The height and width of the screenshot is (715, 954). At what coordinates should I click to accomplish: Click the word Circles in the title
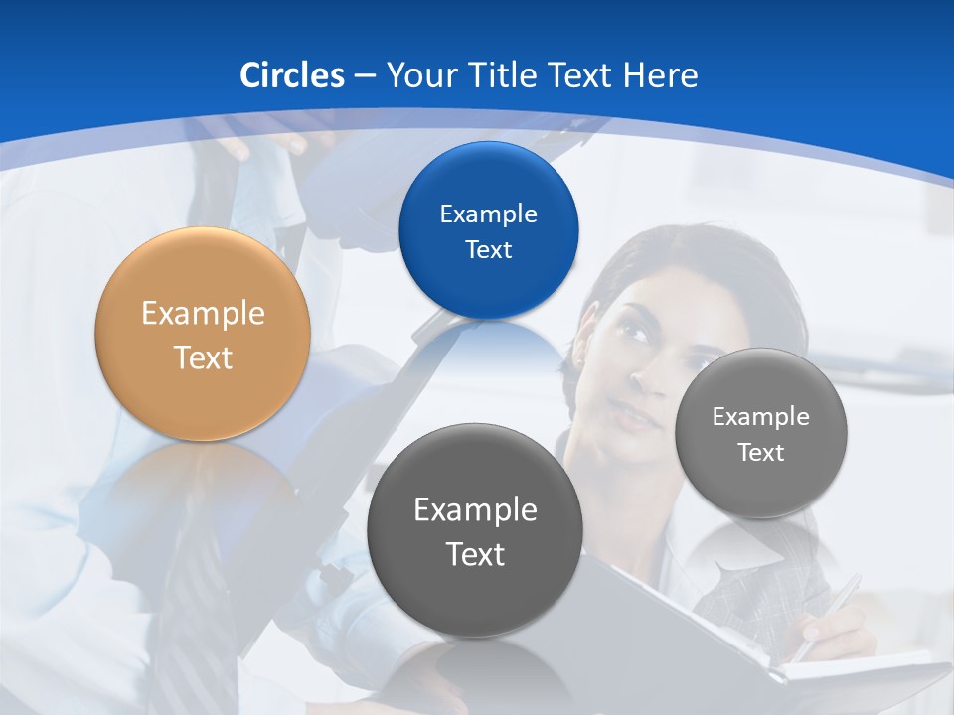pos(291,75)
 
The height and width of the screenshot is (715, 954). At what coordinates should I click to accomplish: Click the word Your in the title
pos(419,75)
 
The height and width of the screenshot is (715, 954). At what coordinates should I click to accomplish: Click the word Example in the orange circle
pos(203,314)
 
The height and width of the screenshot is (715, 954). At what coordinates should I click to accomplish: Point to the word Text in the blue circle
pos(488,250)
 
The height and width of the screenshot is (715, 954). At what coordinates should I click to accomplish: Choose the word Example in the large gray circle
pos(475,510)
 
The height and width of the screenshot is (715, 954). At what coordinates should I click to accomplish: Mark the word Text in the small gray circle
pos(761,453)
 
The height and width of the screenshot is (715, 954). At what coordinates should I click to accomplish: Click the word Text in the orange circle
pos(203,357)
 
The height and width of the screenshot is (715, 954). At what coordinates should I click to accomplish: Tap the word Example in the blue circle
pos(488,214)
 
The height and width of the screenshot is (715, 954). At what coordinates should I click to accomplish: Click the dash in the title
pos(364,76)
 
